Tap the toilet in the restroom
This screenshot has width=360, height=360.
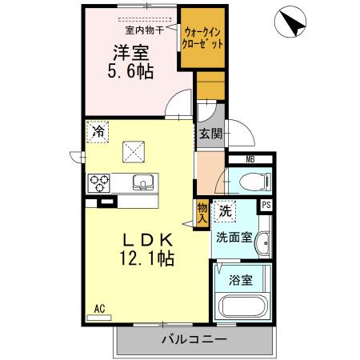(x=255, y=182)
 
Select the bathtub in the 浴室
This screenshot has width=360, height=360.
(x=242, y=306)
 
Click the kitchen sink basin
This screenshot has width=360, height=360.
(x=143, y=182)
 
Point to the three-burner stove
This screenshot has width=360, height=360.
(x=99, y=183)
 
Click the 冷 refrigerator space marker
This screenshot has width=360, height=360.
(x=98, y=131)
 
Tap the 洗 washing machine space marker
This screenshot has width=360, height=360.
(x=225, y=211)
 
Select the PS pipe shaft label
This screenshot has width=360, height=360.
(x=266, y=205)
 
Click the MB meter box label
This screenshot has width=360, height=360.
(x=250, y=159)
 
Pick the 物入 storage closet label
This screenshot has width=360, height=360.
(x=202, y=214)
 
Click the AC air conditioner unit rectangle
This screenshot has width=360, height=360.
(x=99, y=318)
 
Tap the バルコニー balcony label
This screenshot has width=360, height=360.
(x=194, y=339)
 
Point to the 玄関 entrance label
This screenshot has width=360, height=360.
(x=211, y=134)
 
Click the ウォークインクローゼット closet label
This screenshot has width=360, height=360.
(x=202, y=38)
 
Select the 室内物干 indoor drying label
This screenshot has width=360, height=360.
(x=144, y=30)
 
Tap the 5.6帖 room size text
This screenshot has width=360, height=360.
(x=130, y=71)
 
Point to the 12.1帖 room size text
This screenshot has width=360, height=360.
(x=147, y=258)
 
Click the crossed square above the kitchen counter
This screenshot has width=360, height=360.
(x=134, y=152)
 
